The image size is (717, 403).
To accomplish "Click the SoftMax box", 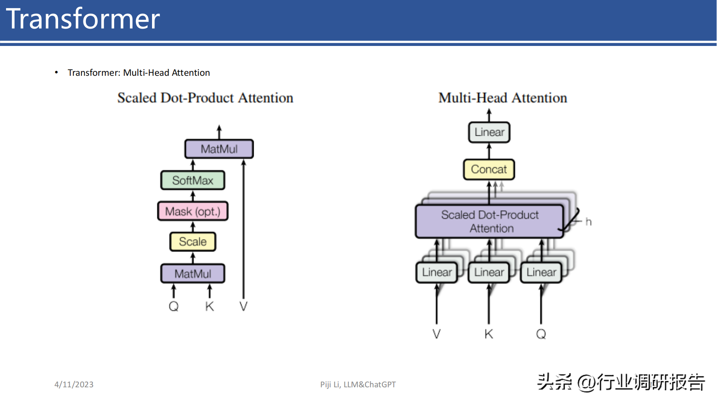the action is point(193,180).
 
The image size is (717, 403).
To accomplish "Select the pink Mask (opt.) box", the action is point(193,211).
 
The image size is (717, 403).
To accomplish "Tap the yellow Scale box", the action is point(193,242).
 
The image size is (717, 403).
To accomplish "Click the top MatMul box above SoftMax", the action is point(219,149).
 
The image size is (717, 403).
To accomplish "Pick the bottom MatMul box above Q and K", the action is point(193,274).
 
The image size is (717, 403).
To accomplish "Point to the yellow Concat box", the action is point(489,169).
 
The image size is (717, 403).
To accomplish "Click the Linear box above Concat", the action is point(489,132).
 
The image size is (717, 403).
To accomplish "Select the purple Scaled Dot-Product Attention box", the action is point(490,221).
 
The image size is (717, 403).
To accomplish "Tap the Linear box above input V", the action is point(437,272).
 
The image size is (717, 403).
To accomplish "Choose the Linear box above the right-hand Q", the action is point(541,272).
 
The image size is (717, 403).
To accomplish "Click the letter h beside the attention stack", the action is point(588,222).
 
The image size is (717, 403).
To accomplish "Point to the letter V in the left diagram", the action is point(243,307).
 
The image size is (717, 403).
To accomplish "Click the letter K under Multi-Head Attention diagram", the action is point(489,334).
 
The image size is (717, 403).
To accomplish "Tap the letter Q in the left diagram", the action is point(173,307).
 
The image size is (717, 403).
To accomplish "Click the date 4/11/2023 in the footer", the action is point(74,384).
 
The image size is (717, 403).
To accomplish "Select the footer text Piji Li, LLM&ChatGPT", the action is point(358,384).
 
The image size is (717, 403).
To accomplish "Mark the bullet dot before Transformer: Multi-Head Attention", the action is point(56,73).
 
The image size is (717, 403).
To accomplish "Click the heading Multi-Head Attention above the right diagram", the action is point(503,98).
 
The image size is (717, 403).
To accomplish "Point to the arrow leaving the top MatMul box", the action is point(219,132).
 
